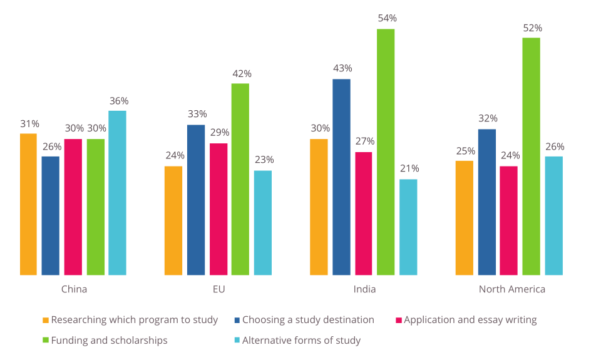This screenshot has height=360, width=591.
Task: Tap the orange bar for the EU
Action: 173,220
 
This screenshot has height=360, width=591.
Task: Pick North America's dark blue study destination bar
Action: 486,202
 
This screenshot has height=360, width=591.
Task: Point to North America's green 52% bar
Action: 531,157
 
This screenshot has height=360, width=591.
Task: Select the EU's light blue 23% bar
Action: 263,222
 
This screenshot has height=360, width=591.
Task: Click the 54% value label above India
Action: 386,18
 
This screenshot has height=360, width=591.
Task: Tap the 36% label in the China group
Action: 118,101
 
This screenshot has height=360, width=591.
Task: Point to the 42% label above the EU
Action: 240,73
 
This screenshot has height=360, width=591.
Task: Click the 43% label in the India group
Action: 342,68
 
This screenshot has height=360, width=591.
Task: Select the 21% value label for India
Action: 409,168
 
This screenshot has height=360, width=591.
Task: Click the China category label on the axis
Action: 74,289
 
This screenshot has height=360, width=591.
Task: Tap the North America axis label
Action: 511,289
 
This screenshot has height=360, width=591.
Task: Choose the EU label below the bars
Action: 218,289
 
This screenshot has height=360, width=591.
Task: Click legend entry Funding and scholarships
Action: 109,341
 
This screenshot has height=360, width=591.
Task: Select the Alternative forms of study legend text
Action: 301,341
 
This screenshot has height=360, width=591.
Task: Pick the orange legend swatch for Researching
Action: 45,321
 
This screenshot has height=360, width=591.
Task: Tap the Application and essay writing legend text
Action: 470,320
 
